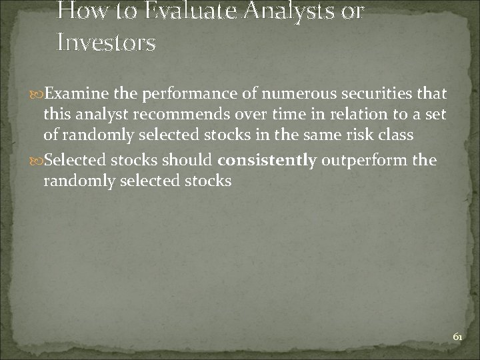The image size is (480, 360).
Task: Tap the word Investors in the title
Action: (x=107, y=43)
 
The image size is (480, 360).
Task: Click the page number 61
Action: (x=457, y=337)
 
